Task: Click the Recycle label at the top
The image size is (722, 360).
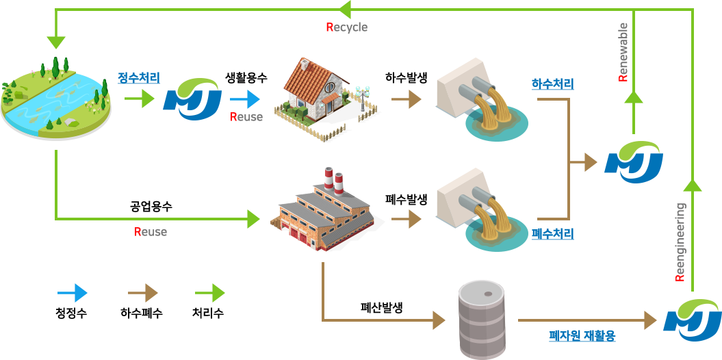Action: coord(347,27)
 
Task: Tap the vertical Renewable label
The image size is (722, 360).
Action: coord(623,52)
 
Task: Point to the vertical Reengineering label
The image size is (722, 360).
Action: coord(680,242)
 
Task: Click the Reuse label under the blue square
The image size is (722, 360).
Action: coord(246,116)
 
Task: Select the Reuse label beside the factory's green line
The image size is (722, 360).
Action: coord(151,232)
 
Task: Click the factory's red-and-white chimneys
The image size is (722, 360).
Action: coord(333,181)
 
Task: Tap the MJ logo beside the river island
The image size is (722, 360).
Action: coord(192,99)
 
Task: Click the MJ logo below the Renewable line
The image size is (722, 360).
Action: coord(633,162)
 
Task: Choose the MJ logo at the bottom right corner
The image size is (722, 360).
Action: coord(692,320)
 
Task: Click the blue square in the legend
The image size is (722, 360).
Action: coord(72,292)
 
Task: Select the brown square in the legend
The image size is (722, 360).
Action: coord(143,292)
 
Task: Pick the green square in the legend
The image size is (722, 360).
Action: coord(210,292)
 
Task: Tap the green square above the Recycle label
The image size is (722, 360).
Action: coord(352,10)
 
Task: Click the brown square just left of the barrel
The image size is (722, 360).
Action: coord(430,320)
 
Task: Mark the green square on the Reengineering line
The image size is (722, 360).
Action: coord(692,194)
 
